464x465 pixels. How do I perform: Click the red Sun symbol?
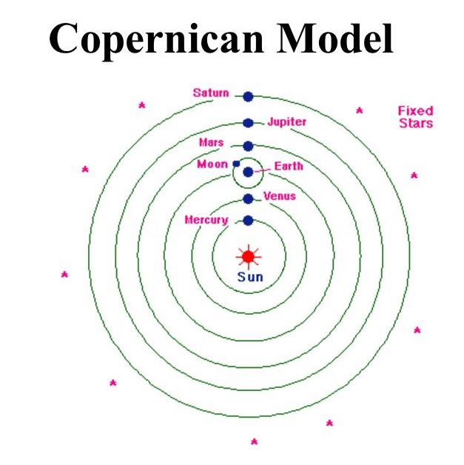pyautogui.click(x=248, y=256)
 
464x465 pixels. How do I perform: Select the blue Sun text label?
pyautogui.click(x=249, y=278)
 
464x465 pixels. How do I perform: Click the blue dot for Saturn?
pyautogui.click(x=248, y=96)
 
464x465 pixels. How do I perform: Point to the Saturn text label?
pyautogui.click(x=211, y=93)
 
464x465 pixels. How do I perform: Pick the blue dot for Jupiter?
pyautogui.click(x=248, y=123)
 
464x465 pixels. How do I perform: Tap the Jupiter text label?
pyautogui.click(x=287, y=121)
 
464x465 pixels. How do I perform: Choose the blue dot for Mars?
pyautogui.click(x=248, y=146)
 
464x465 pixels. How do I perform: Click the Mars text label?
pyautogui.click(x=211, y=142)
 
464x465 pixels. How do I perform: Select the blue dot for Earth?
pyautogui.click(x=248, y=172)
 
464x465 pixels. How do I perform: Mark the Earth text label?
pyautogui.click(x=289, y=166)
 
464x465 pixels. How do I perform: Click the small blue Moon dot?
pyautogui.click(x=236, y=164)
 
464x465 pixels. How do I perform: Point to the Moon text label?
pyautogui.click(x=212, y=164)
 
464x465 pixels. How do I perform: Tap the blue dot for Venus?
pyautogui.click(x=248, y=198)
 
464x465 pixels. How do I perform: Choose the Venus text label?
pyautogui.click(x=280, y=196)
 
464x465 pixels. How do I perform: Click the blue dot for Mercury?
pyautogui.click(x=248, y=220)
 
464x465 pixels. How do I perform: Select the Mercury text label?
pyautogui.click(x=206, y=220)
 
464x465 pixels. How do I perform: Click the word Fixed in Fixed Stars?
pyautogui.click(x=415, y=111)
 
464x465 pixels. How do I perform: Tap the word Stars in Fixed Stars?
pyautogui.click(x=415, y=124)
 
